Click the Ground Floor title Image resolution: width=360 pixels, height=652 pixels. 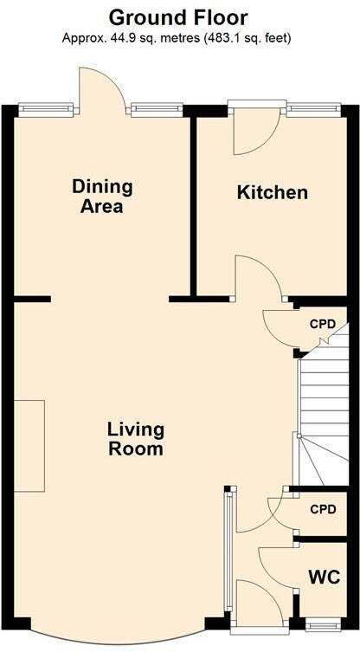click(x=178, y=17)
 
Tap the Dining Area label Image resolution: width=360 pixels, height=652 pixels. click(x=102, y=197)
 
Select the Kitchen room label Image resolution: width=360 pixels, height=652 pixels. click(x=273, y=192)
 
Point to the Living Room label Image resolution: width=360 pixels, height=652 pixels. click(x=136, y=439)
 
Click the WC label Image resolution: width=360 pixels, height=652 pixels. click(x=325, y=578)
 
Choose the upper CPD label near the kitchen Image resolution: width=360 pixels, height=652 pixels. click(x=324, y=324)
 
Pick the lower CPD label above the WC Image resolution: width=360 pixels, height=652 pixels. click(x=324, y=509)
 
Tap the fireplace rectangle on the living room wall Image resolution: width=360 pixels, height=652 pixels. click(x=29, y=445)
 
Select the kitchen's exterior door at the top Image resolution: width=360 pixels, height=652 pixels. click(x=255, y=130)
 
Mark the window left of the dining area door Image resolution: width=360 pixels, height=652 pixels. click(x=47, y=108)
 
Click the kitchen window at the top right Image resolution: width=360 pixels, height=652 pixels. click(x=313, y=108)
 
